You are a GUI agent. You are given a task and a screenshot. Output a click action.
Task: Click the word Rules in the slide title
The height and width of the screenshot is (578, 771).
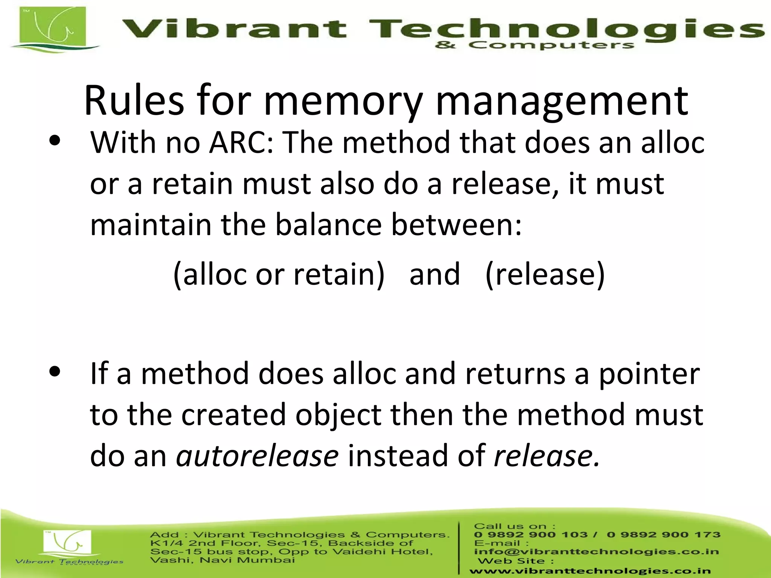134,101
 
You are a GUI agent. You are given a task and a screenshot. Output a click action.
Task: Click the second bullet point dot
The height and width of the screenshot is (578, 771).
55,371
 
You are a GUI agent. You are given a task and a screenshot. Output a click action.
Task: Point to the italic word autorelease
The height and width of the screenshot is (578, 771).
258,456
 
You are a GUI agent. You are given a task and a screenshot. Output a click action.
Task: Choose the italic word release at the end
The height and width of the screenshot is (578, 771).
546,456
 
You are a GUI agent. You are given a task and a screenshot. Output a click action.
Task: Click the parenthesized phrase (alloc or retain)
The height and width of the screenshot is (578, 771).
279,274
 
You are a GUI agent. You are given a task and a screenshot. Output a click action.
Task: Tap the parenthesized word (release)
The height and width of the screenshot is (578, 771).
545,274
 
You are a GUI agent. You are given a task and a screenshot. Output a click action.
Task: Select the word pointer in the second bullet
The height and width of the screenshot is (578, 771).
649,374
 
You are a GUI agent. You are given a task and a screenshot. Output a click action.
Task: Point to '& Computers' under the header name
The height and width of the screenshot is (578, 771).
535,46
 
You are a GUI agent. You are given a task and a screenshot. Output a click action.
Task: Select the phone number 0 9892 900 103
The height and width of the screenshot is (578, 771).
530,535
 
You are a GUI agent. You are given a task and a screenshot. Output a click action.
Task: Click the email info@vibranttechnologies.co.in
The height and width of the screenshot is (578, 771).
596,552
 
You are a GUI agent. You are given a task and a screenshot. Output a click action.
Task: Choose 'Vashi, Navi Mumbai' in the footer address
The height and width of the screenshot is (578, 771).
222,560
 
